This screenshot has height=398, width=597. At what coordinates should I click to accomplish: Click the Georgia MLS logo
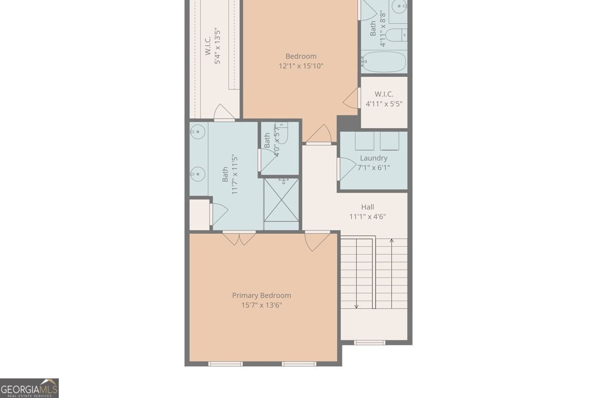(x=29, y=388)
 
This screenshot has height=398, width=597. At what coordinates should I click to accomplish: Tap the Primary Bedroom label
(x=261, y=295)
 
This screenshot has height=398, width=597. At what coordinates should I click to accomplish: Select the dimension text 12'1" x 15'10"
(x=301, y=66)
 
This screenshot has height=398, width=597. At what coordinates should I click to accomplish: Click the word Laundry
(x=373, y=158)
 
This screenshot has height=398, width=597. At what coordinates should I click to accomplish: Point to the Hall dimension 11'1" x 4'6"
(x=368, y=216)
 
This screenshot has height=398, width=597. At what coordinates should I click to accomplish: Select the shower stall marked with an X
(x=281, y=200)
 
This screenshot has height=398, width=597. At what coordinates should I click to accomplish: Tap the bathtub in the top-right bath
(x=384, y=62)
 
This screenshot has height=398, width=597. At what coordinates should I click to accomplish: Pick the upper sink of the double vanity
(x=198, y=132)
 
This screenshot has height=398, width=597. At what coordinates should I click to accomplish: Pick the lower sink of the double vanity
(x=198, y=174)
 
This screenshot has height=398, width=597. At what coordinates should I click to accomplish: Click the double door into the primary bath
(x=239, y=237)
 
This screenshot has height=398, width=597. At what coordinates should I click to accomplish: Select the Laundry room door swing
(x=346, y=168)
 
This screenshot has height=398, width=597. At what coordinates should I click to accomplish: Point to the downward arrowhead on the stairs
(x=356, y=306)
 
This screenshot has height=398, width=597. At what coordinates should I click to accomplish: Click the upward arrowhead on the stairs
(x=391, y=241)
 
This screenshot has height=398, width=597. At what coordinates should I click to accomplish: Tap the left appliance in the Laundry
(x=364, y=141)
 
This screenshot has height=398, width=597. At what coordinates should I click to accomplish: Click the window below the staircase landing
(x=369, y=342)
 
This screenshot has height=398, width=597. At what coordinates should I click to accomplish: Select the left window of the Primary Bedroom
(x=225, y=363)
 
